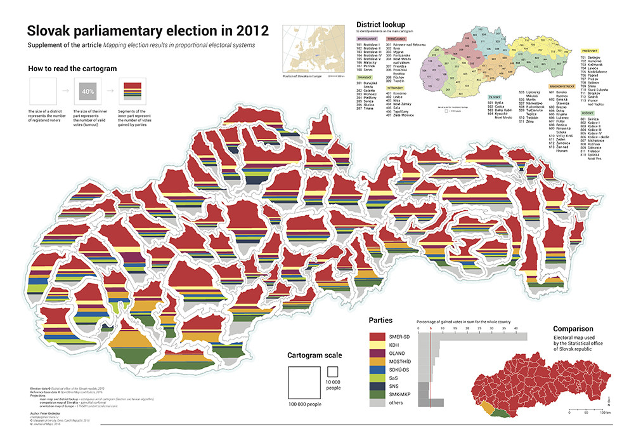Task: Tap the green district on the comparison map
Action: click(x=502, y=413)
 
